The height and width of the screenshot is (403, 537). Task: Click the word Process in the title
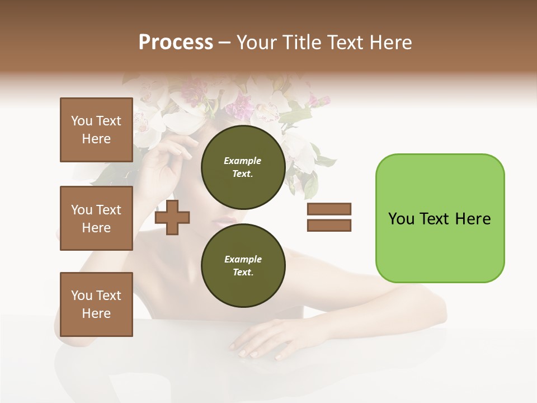[x=176, y=42]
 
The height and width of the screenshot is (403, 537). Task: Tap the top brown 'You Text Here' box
[x=96, y=130]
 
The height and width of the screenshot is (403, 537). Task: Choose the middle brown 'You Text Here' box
[x=96, y=218]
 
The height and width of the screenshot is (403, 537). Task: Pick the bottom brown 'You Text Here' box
[x=96, y=304]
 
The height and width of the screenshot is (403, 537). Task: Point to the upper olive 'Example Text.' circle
[x=243, y=167]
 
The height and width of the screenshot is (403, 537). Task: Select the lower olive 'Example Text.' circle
[x=243, y=265]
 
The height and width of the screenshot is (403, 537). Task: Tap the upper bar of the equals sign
[x=329, y=209]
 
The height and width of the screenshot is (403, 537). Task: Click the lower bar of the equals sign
[x=329, y=225]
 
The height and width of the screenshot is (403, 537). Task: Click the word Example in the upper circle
[x=243, y=161]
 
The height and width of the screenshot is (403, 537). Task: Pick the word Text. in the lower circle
[x=243, y=272]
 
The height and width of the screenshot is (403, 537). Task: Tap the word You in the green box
[x=401, y=218]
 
